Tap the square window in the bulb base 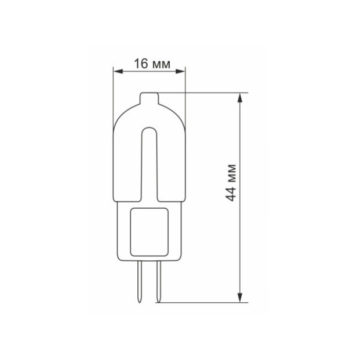pos(149,231)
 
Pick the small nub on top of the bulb pos(149,96)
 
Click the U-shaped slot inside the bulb pos(149,165)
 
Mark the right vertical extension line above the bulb pos(185,82)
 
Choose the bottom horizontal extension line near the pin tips pos(206,302)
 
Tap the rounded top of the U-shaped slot pos(149,129)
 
